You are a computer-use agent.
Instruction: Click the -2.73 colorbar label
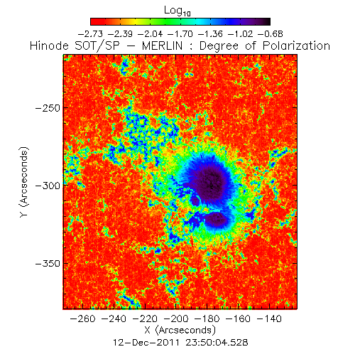click(x=90, y=34)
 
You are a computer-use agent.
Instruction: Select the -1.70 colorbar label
click(x=180, y=34)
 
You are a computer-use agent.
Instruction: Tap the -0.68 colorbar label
click(x=270, y=34)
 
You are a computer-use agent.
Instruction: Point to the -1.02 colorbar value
click(x=240, y=34)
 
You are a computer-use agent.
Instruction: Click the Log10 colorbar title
click(x=178, y=11)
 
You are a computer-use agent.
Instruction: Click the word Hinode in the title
click(x=49, y=45)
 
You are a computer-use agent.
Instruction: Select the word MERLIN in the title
click(x=163, y=45)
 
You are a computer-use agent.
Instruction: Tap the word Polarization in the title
click(x=296, y=45)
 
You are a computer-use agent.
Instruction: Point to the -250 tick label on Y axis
click(x=48, y=108)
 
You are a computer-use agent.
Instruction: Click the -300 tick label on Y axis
click(x=48, y=186)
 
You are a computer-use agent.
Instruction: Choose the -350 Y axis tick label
click(x=48, y=263)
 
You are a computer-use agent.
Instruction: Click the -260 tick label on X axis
click(x=83, y=318)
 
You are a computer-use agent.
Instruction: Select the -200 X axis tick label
click(x=176, y=318)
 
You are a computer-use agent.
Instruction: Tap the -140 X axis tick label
click(x=269, y=318)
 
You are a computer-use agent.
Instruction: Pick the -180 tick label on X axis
click(x=207, y=318)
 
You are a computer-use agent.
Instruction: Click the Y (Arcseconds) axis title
click(x=24, y=182)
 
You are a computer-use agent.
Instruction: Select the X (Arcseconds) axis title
click(x=180, y=330)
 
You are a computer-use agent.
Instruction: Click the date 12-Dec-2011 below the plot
click(x=146, y=343)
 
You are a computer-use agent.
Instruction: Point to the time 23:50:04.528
click(x=217, y=343)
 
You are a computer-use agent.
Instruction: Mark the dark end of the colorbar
click(x=268, y=21)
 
